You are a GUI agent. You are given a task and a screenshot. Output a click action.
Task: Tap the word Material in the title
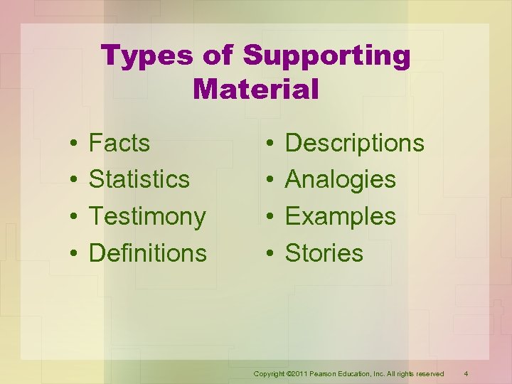pyautogui.click(x=255, y=90)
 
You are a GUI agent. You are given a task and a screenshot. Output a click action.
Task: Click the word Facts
pyautogui.click(x=119, y=143)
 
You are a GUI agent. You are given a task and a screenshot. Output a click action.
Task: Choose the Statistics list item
pyautogui.click(x=139, y=179)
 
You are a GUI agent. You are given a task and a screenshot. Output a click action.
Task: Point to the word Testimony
pyautogui.click(x=147, y=216)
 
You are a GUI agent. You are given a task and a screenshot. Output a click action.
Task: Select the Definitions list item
pyautogui.click(x=148, y=252)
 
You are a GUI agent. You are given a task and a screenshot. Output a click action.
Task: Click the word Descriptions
pyautogui.click(x=354, y=143)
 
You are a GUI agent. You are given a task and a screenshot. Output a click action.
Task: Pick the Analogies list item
pyautogui.click(x=340, y=179)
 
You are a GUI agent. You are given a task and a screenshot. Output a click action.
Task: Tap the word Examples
pyautogui.click(x=340, y=216)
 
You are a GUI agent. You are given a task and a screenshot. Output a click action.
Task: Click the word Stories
pyautogui.click(x=324, y=252)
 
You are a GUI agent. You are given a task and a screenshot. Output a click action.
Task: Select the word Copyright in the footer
pyautogui.click(x=270, y=374)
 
